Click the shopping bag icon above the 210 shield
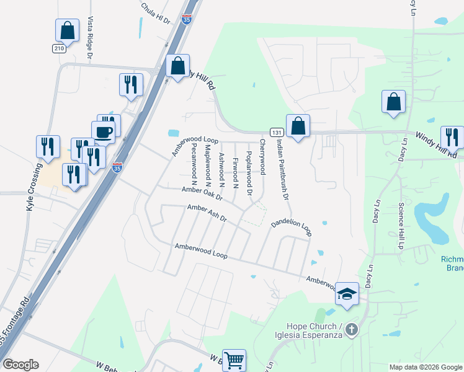point(68,30)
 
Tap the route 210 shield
point(59,48)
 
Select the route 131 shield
point(277,132)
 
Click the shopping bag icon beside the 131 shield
point(298,126)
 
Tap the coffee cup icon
point(103,131)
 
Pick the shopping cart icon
point(234,360)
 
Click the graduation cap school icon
point(347,292)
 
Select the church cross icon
point(352,329)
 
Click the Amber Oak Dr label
point(202,193)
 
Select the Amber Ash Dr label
point(207,213)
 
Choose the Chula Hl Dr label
point(155,13)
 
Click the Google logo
point(20,365)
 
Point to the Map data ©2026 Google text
point(425,367)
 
